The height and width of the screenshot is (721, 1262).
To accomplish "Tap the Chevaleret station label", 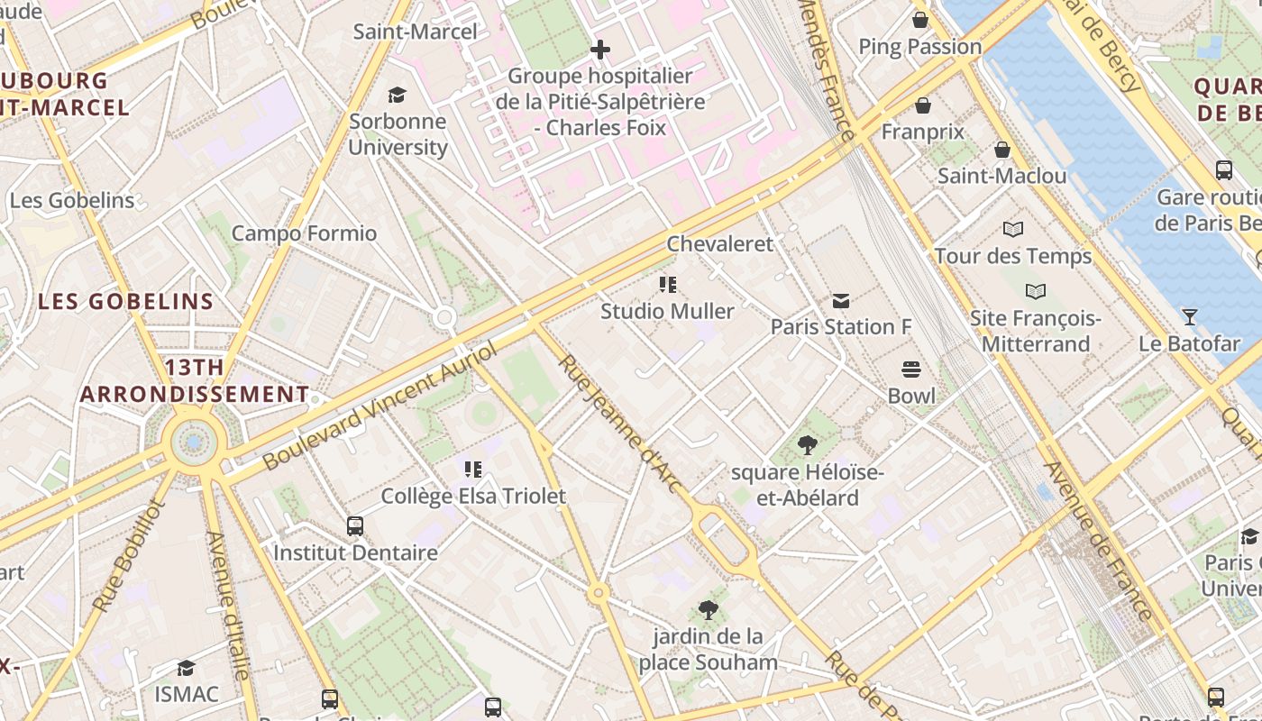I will pyautogui.click(x=719, y=243).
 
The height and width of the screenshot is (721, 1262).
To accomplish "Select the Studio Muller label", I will pyautogui.click(x=667, y=311).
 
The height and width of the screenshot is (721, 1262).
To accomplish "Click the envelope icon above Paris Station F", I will pyautogui.click(x=841, y=300).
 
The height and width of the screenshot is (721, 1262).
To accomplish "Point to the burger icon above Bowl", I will pyautogui.click(x=911, y=370).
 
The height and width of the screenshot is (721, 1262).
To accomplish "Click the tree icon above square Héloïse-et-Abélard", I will pyautogui.click(x=808, y=444).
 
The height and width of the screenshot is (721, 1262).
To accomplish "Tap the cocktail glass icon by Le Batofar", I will pyautogui.click(x=1190, y=316).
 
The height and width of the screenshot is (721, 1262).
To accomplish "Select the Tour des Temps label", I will pyautogui.click(x=1012, y=256).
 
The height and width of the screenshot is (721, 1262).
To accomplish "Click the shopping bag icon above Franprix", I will pyautogui.click(x=922, y=106).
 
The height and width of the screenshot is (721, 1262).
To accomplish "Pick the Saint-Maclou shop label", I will pyautogui.click(x=1001, y=176).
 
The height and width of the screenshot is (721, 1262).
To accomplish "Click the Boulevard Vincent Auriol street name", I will pyautogui.click(x=379, y=406).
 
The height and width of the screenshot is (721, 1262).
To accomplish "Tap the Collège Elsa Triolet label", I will pyautogui.click(x=473, y=496).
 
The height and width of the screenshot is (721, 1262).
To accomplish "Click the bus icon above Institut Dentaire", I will pyautogui.click(x=355, y=525).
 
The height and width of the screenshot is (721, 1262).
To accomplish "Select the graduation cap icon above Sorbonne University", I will pyautogui.click(x=397, y=95).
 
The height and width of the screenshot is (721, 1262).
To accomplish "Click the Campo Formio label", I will pyautogui.click(x=304, y=233).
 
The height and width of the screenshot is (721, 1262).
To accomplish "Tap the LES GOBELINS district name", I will pyautogui.click(x=125, y=301).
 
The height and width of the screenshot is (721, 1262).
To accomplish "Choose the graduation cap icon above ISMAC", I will pyautogui.click(x=187, y=668).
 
